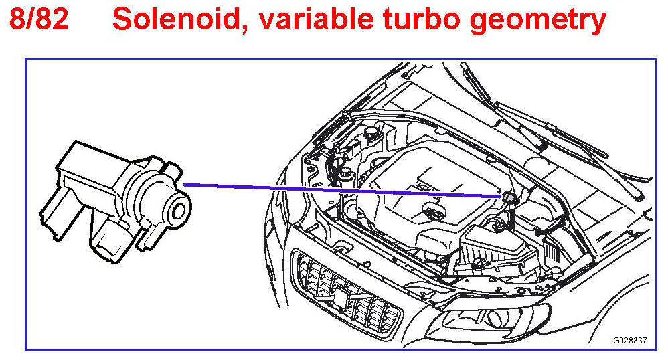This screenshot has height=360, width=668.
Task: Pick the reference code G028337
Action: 630,340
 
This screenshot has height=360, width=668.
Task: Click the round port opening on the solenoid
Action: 179,212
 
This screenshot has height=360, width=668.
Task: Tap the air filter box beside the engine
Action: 491,246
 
